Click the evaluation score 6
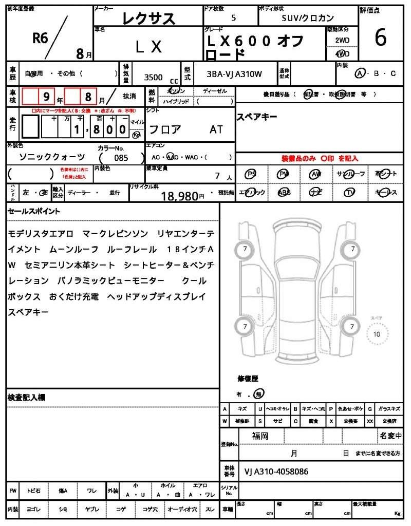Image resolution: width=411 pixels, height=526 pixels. coord(381,38)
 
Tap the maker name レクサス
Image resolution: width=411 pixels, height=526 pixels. coord(149,18)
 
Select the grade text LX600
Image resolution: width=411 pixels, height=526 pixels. coord(240,41)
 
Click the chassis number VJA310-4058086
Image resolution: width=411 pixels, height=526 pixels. coord(276,471)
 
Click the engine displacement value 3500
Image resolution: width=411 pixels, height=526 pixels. coord(154,78)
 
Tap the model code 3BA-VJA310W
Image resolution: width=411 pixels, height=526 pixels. coord(234,74)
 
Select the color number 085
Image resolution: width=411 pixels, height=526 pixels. coord(122,158)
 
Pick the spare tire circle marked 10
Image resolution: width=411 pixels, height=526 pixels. coord(377,334)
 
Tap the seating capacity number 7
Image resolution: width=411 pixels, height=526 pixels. coord(218,176)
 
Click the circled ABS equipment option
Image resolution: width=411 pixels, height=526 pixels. coord(284,193)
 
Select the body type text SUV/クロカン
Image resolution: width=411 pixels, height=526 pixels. coord(308,18)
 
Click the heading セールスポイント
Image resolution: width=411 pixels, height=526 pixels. coord(34,211)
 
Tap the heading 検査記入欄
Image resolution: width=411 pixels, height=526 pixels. coord(26,398)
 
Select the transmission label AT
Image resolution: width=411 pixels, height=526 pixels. coord(216,129)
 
